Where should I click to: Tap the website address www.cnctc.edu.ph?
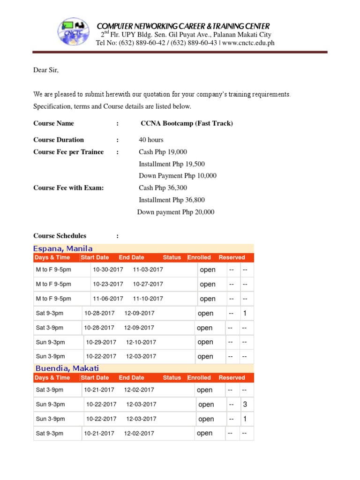tap(248, 43)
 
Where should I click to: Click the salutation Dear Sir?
tap(46, 70)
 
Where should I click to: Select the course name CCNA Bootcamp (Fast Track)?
tap(187, 123)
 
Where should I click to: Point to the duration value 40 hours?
tap(151, 140)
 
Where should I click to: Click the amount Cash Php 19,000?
tap(163, 152)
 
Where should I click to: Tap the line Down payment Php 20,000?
tap(176, 212)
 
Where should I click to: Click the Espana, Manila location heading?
tap(63, 248)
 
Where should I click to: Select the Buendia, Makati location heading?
tap(67, 368)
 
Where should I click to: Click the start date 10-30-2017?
tap(108, 270)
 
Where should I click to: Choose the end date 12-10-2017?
tap(141, 342)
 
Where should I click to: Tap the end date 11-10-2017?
tap(148, 299)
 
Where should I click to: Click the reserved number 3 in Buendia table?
tap(245, 404)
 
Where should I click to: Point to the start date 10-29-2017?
tap(101, 342)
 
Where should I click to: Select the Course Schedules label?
tap(60, 236)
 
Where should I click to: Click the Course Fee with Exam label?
tap(68, 188)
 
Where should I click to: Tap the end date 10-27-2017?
tap(148, 284)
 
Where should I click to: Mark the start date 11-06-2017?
tap(108, 299)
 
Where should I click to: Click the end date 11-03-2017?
tap(148, 270)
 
